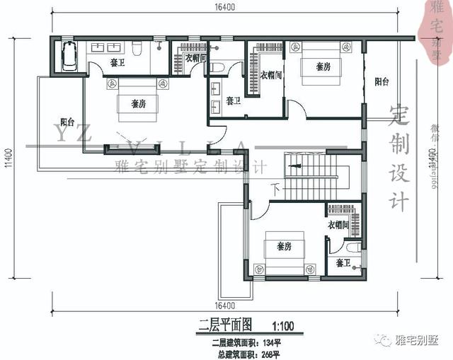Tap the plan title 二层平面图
coord(226,326)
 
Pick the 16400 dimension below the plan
coord(224,306)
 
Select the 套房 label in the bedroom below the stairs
coord(285,247)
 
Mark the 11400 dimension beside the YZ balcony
coord(9,162)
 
